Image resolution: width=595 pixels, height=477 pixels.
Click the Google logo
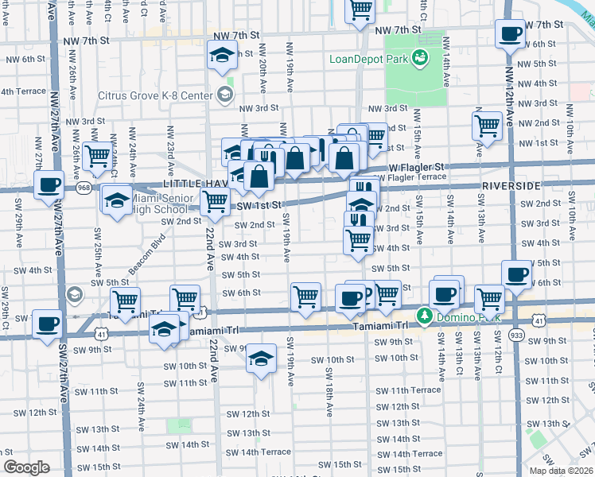(26, 467)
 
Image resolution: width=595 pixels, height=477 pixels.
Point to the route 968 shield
(83, 189)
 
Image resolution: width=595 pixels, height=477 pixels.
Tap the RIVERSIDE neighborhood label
(511, 185)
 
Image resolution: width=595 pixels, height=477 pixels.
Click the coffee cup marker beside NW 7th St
(510, 33)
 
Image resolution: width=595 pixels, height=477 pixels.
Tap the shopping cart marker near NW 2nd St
(487, 124)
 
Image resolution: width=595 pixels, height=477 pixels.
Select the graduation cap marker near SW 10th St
(260, 359)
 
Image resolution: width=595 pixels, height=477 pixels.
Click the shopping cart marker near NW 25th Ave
(97, 157)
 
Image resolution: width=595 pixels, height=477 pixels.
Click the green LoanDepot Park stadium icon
(418, 57)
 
